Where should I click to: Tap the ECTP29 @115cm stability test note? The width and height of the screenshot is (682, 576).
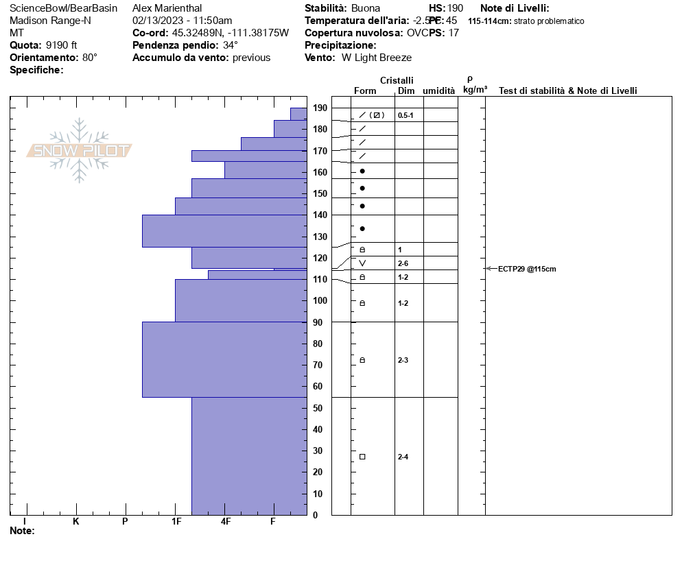[x=527, y=269]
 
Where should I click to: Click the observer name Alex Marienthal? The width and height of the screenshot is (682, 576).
[x=167, y=8]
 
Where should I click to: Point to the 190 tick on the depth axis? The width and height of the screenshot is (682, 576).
[x=320, y=108]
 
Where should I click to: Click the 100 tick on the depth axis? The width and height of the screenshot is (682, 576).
[x=320, y=300]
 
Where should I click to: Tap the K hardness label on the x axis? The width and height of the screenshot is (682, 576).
[x=76, y=521]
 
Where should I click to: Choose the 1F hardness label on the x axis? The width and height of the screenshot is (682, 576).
[x=176, y=521]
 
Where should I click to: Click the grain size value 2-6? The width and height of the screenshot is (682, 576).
[x=403, y=263]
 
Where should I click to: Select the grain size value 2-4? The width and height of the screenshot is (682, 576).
[x=403, y=457]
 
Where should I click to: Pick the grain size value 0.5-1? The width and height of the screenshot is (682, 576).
[x=405, y=115]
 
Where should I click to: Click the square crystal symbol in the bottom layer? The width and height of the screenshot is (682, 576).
[x=362, y=457]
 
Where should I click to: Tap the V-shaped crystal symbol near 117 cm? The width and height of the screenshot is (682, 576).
[x=362, y=263]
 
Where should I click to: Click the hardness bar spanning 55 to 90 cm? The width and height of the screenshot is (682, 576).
[x=224, y=359]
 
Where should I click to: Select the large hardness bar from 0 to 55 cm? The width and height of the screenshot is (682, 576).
[x=249, y=456]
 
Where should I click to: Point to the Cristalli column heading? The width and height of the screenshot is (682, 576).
[x=397, y=81]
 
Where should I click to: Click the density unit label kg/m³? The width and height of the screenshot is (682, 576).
[x=475, y=90]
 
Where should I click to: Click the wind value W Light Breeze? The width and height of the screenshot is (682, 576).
[x=377, y=58]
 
